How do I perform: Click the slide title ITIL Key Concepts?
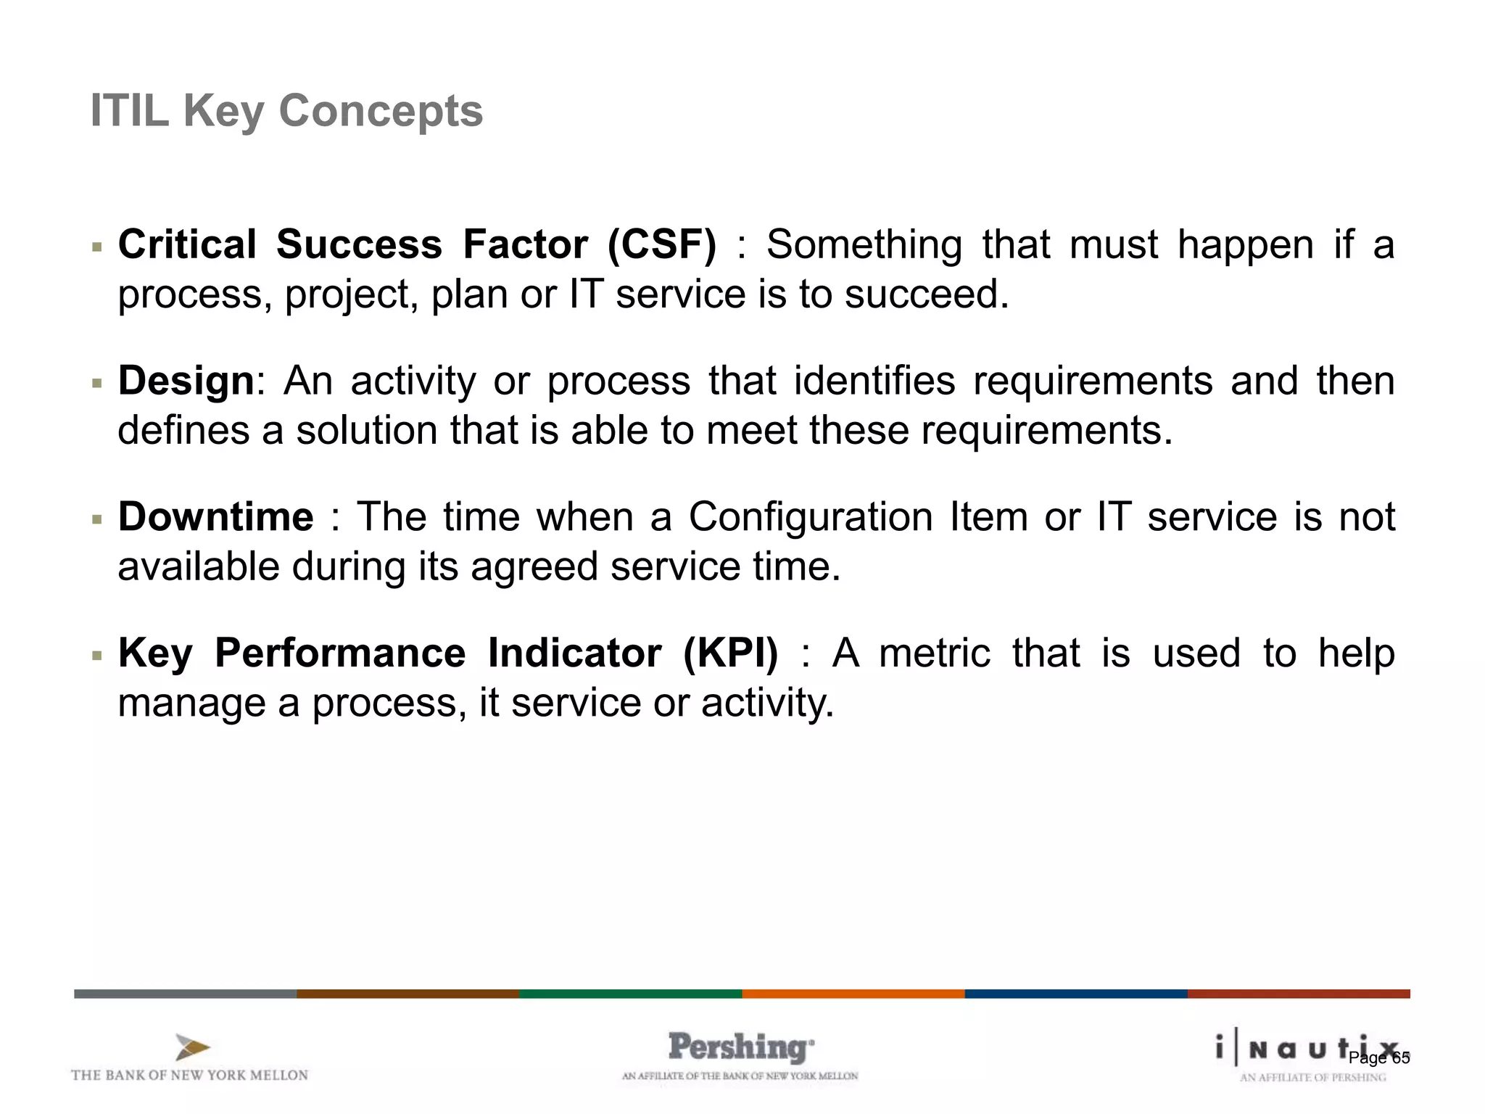coord(286,111)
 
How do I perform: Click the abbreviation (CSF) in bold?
coord(661,244)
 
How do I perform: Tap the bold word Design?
coord(186,381)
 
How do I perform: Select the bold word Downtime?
coord(215,517)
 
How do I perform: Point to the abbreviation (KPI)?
coord(730,653)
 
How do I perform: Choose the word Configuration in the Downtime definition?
coord(810,517)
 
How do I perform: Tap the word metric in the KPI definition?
coord(935,653)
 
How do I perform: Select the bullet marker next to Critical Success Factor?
coord(97,248)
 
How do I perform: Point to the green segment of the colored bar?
coord(630,994)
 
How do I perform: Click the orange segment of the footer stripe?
coord(853,994)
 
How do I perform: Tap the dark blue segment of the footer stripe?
coord(1075,994)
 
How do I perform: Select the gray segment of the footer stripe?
coord(185,994)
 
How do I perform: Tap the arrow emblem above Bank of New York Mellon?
coord(192,1047)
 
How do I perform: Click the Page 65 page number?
coord(1378,1058)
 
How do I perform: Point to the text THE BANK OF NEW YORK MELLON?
coord(189,1075)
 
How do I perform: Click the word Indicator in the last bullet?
coord(574,653)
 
